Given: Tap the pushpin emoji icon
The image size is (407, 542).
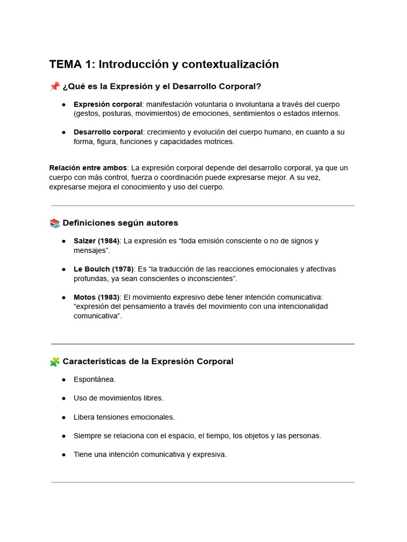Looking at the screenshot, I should pyautogui.click(x=55, y=86).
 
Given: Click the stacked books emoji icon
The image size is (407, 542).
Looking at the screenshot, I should pyautogui.click(x=55, y=223).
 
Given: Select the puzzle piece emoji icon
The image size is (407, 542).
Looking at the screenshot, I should pyautogui.click(x=55, y=362).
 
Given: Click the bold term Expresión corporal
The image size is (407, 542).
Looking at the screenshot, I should pyautogui.click(x=108, y=104).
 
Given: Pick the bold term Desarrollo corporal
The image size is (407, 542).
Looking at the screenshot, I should pyautogui.click(x=108, y=132).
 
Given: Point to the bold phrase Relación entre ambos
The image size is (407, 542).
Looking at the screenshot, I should pyautogui.click(x=88, y=168).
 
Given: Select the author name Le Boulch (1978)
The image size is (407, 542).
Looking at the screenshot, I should pyautogui.click(x=103, y=269).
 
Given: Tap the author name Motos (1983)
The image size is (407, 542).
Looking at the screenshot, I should pyautogui.click(x=96, y=297).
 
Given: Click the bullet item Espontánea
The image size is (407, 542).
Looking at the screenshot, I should pyautogui.click(x=94, y=380).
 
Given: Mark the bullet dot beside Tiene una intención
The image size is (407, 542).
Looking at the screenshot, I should pyautogui.click(x=64, y=455).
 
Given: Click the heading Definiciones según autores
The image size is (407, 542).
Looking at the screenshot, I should pyautogui.click(x=120, y=223).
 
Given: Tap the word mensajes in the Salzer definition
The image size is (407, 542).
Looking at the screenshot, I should pyautogui.click(x=91, y=250).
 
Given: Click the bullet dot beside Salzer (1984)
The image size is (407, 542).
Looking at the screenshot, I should pyautogui.click(x=64, y=241).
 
